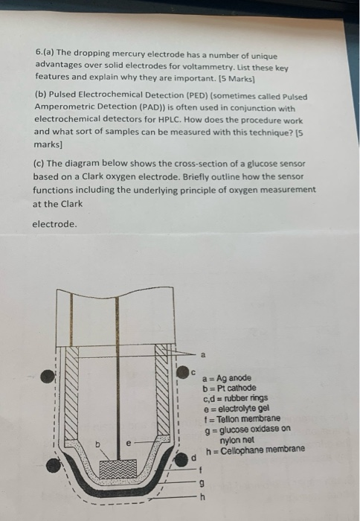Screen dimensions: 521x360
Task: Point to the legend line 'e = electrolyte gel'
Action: [237, 408]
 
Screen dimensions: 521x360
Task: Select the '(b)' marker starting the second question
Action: [40, 97]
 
